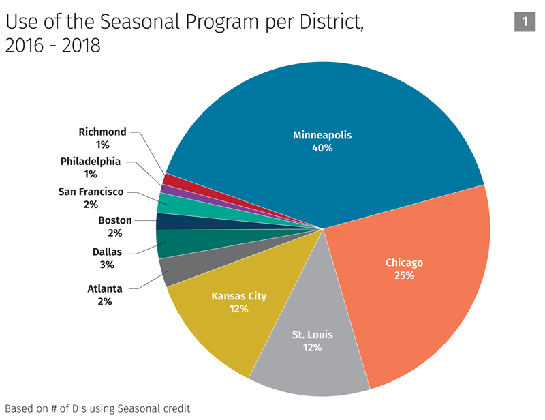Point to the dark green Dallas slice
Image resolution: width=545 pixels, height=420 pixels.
[170, 243]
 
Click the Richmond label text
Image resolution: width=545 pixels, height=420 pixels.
[102, 132]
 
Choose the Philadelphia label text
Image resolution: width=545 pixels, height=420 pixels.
[91, 162]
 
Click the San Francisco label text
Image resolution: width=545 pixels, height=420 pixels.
[91, 192]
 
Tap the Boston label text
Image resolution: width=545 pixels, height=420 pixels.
[115, 220]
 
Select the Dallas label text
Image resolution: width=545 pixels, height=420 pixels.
[107, 252]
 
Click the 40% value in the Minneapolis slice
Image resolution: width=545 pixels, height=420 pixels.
[322, 147]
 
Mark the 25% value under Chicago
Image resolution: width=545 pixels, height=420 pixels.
[404, 275]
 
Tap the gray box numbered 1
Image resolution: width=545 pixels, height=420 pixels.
[525, 22]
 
